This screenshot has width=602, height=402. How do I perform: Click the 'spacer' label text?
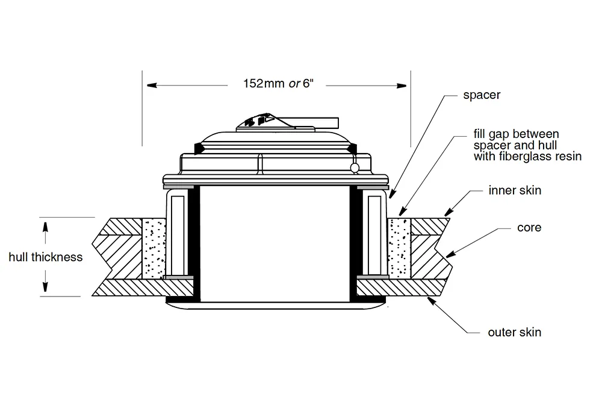482,95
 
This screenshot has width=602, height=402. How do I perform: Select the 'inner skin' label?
515,190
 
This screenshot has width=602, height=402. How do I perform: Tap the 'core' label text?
529,228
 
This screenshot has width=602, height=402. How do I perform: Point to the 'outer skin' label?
514,332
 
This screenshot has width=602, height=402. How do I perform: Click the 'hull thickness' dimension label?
45,257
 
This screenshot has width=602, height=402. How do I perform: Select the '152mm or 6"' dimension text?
279,84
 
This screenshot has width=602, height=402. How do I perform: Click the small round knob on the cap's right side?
356,168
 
